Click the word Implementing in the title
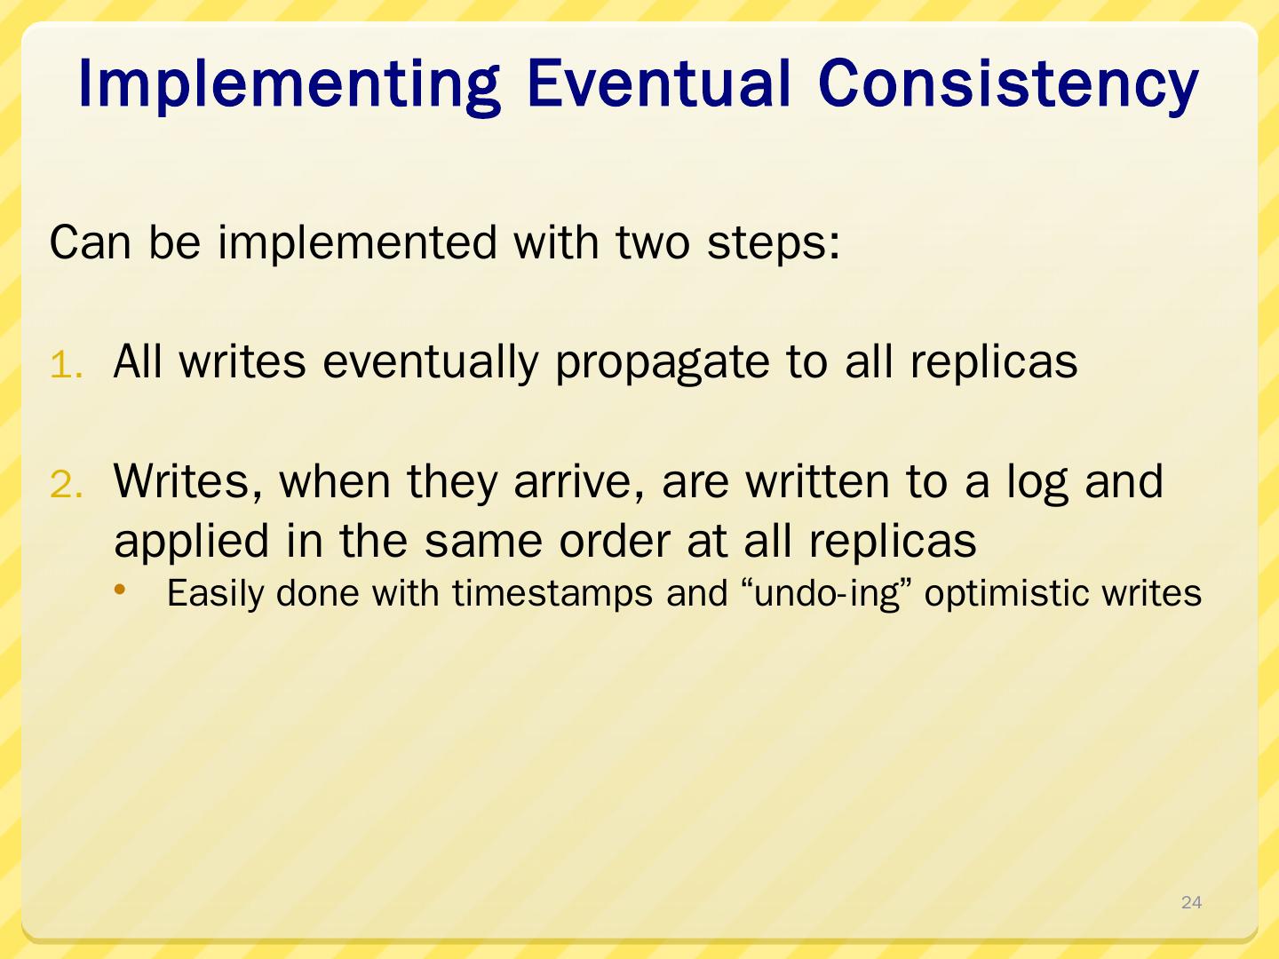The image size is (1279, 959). click(x=289, y=84)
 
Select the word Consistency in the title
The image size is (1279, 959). click(x=1007, y=85)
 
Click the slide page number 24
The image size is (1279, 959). click(x=1191, y=902)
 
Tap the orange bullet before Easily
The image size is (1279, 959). click(x=120, y=590)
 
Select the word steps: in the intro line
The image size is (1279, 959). click(x=774, y=243)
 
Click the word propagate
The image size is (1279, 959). click(x=663, y=363)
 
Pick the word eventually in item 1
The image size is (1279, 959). click(x=430, y=363)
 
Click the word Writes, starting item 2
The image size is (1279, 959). click(x=187, y=483)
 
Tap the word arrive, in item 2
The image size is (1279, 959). click(x=579, y=483)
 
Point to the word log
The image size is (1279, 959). click(x=1037, y=483)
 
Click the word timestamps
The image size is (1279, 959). click(x=552, y=595)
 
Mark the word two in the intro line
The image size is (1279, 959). click(x=653, y=243)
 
